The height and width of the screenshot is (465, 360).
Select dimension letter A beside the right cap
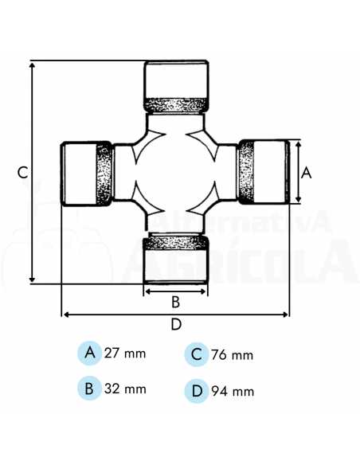pyautogui.click(x=307, y=172)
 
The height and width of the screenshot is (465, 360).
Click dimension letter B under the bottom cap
pyautogui.click(x=176, y=302)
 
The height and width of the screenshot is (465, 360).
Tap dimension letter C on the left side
pyautogui.click(x=23, y=172)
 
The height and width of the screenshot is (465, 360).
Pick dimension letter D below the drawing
pyautogui.click(x=176, y=324)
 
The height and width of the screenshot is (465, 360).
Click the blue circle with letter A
pyautogui.click(x=90, y=353)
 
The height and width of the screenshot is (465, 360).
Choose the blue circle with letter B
pyautogui.click(x=90, y=389)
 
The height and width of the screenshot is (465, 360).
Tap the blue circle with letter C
pyautogui.click(x=196, y=354)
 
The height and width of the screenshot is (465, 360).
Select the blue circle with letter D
pyautogui.click(x=196, y=391)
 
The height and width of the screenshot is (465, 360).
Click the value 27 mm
pyautogui.click(x=126, y=353)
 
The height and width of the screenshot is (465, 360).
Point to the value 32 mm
pyautogui.click(x=126, y=389)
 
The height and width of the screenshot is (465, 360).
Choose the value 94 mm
pyautogui.click(x=233, y=391)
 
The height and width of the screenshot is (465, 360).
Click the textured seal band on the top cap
pyautogui.click(x=176, y=104)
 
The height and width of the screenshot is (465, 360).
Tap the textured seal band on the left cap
pyautogui.click(x=104, y=174)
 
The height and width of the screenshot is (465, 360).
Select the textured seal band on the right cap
pyautogui.click(x=248, y=172)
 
